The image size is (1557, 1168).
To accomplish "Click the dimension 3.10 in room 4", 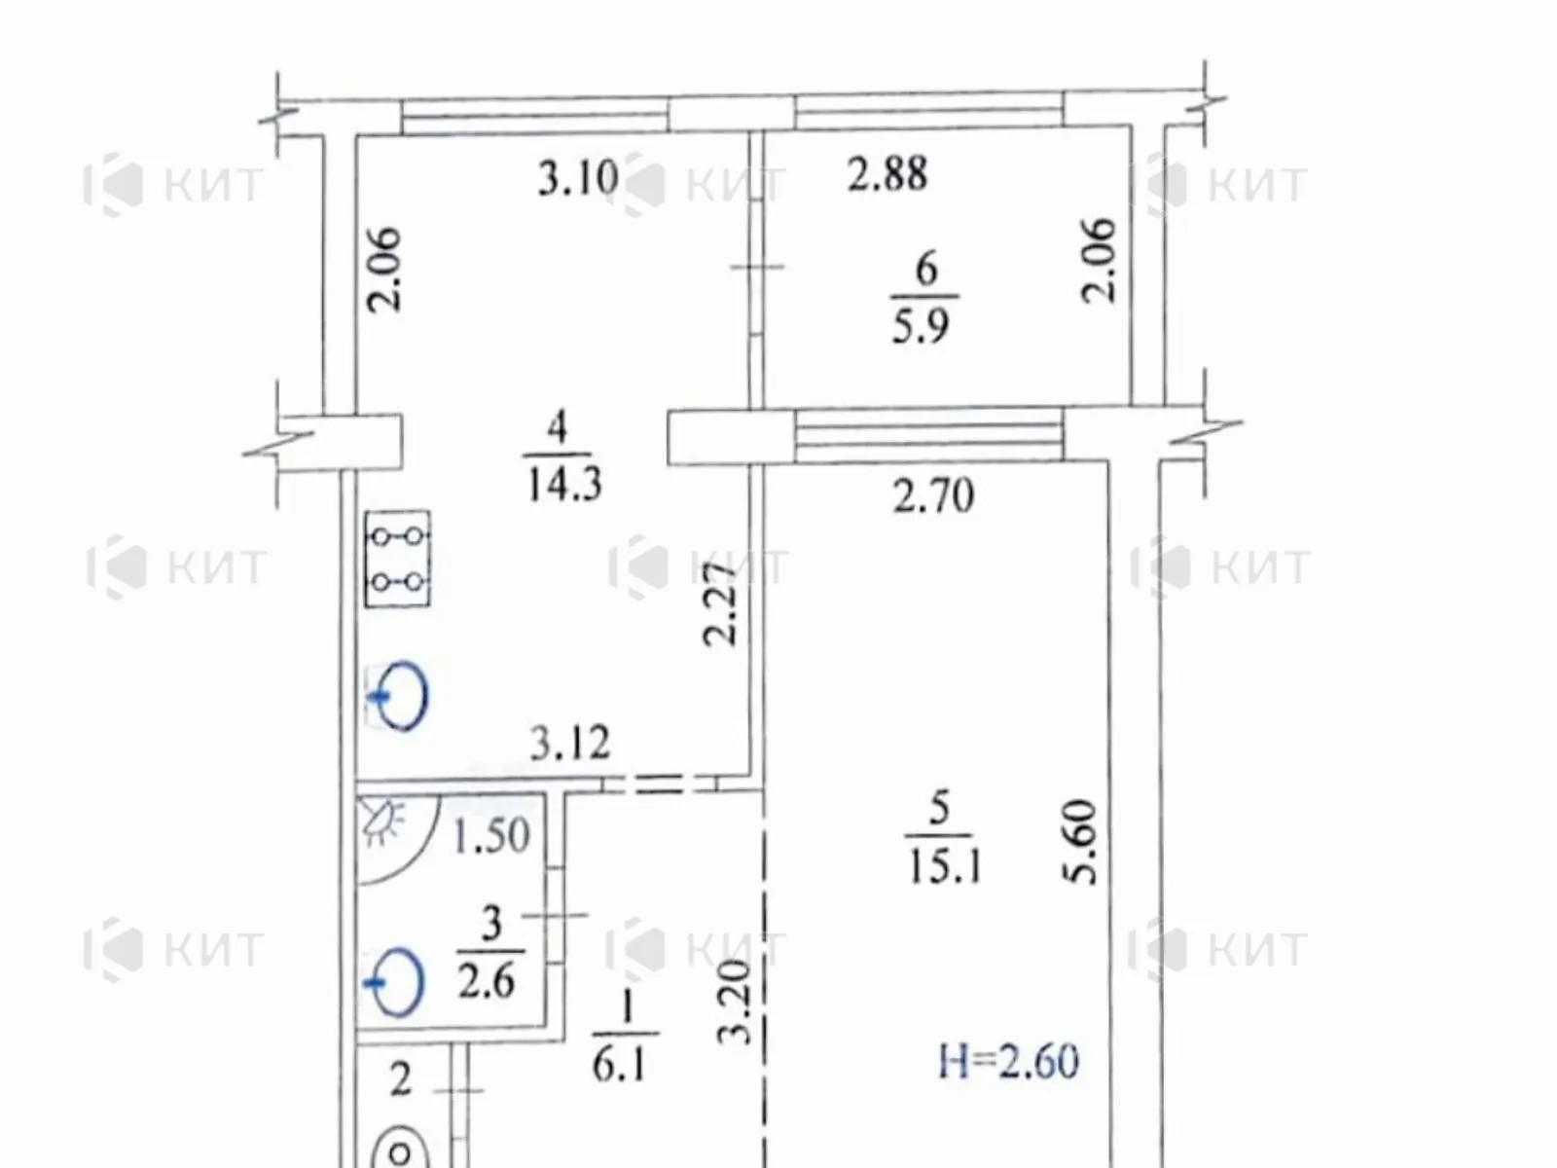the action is (x=578, y=177).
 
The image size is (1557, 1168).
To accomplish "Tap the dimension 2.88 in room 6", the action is (x=887, y=174).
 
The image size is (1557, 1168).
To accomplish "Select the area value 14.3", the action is (x=564, y=485).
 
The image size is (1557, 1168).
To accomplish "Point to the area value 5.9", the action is (x=920, y=326).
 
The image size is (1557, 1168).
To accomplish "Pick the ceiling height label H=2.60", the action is (x=1009, y=1062).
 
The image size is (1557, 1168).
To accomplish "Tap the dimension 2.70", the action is (x=933, y=495).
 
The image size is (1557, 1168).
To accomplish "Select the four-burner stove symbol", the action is (x=398, y=559).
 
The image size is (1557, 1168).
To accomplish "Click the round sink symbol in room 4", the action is (x=398, y=696).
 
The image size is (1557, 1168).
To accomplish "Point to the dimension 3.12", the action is (x=569, y=743).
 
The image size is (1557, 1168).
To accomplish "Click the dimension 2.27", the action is (x=720, y=603).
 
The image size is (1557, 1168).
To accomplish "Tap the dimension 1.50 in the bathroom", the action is (x=490, y=835).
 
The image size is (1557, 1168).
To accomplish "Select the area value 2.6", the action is (x=486, y=983).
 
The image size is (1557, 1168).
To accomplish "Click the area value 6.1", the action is (x=619, y=1065).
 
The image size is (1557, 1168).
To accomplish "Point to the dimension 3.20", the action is (x=734, y=1003).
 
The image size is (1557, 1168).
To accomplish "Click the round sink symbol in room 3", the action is (x=394, y=981).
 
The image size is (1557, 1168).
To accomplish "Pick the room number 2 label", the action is (x=400, y=1080).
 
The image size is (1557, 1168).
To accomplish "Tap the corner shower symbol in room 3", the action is (x=397, y=840).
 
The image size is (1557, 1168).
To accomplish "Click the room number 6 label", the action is (x=926, y=269).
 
